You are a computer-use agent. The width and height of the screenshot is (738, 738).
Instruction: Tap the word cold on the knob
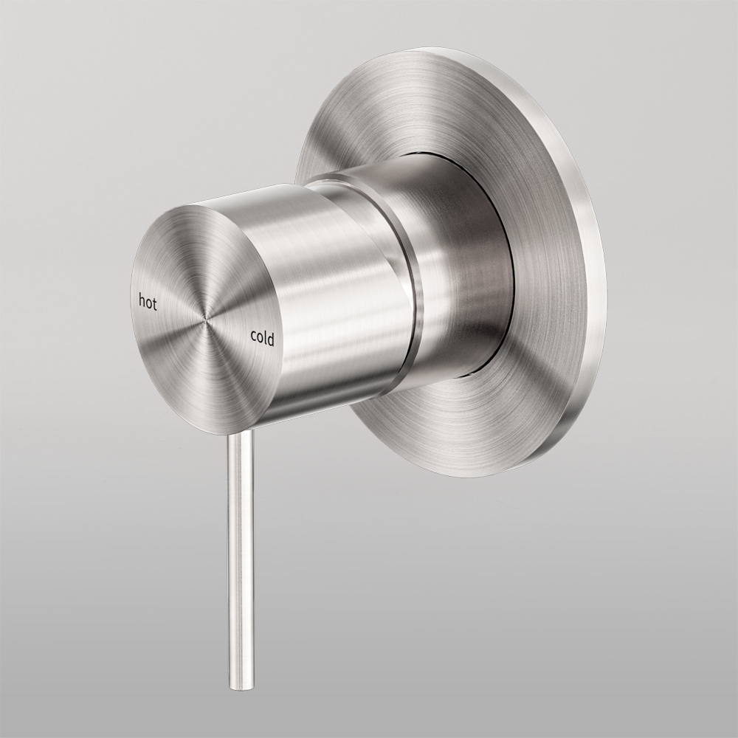click(x=262, y=339)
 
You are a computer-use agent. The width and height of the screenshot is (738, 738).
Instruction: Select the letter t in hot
click(x=155, y=303)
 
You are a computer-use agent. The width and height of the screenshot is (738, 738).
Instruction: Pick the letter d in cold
click(x=271, y=339)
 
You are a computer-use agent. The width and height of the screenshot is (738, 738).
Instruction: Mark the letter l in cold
click(x=266, y=338)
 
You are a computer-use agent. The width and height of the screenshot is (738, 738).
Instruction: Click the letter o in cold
click(x=260, y=339)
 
